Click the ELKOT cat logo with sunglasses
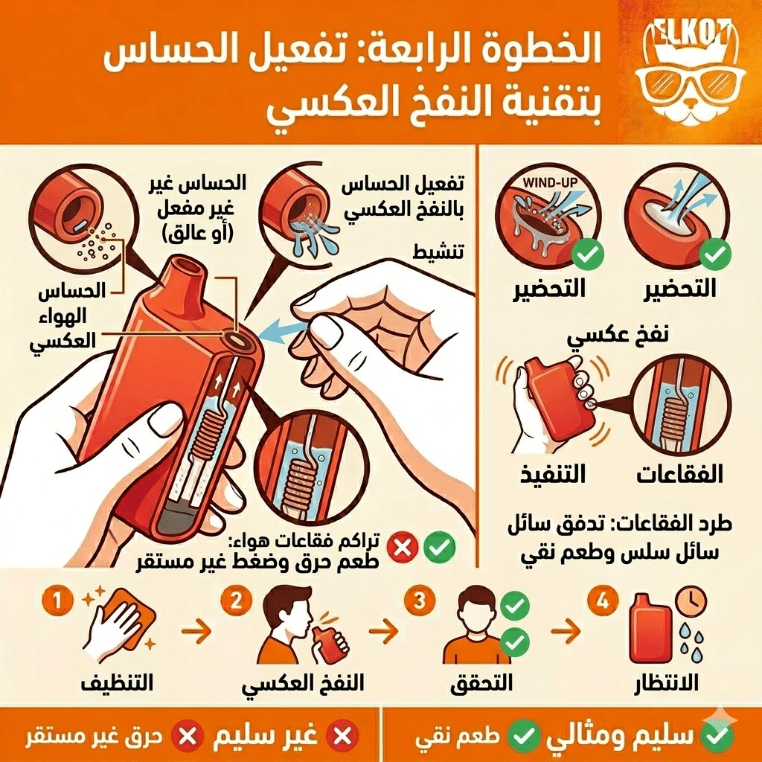690,71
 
